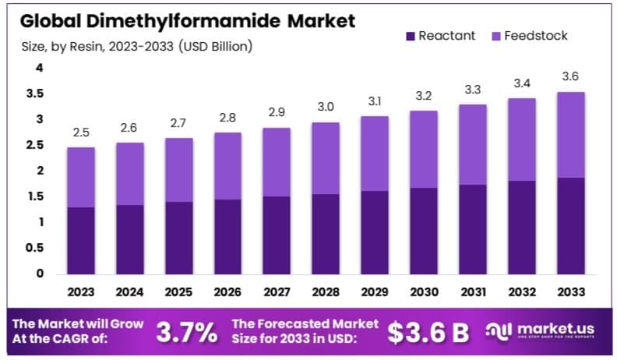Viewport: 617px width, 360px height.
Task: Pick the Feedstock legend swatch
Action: tap(496, 36)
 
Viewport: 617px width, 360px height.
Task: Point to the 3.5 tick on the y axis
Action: tap(36, 94)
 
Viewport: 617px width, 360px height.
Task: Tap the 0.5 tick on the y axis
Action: tap(36, 248)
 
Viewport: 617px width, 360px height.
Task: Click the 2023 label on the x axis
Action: tap(80, 293)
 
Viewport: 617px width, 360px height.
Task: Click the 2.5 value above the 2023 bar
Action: tap(80, 132)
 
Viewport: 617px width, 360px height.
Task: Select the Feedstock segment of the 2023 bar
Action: tap(80, 177)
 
